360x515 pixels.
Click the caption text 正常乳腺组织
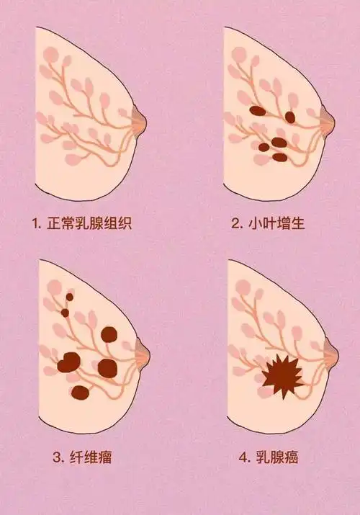click(x=91, y=223)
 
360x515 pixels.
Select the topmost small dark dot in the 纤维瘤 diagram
click(x=70, y=296)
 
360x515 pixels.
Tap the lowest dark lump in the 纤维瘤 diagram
click(x=80, y=393)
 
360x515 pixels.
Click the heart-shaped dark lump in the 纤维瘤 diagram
click(x=70, y=362)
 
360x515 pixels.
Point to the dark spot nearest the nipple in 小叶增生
click(x=290, y=117)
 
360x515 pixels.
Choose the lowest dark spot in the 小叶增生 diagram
click(x=279, y=156)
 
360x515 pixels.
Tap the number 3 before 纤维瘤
click(x=56, y=457)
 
